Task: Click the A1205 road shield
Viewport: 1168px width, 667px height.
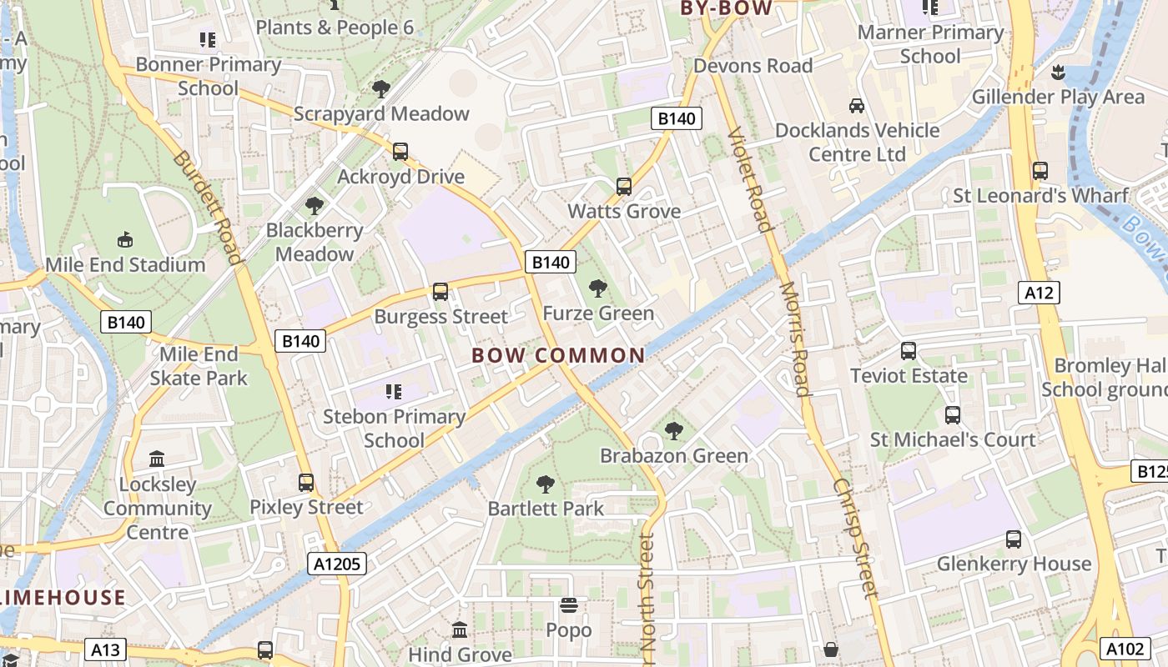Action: tap(338, 564)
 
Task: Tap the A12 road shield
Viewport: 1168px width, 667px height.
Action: tap(1039, 293)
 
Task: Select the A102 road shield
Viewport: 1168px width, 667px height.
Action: tap(1126, 649)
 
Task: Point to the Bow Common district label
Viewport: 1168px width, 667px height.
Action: tap(558, 356)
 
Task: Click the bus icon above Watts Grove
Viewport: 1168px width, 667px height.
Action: tap(624, 187)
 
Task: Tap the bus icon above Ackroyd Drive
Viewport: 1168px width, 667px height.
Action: tap(400, 152)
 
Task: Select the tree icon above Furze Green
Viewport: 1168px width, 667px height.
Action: tap(597, 288)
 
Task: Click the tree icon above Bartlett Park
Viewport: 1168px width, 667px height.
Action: tap(545, 484)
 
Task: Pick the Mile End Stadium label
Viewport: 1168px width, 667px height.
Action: tap(125, 265)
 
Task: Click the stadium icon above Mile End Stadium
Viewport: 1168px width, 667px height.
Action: tap(125, 240)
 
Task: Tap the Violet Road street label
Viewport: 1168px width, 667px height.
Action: tap(748, 179)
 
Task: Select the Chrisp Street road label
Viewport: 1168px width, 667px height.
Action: tap(856, 538)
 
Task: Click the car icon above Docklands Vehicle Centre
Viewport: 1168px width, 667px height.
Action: tap(856, 106)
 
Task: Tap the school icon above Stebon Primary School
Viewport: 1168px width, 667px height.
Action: tap(394, 391)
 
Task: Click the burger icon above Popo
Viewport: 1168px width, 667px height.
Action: tap(569, 605)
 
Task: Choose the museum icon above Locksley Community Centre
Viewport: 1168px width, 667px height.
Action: tap(157, 459)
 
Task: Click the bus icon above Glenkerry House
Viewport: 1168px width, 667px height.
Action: tap(1014, 539)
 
